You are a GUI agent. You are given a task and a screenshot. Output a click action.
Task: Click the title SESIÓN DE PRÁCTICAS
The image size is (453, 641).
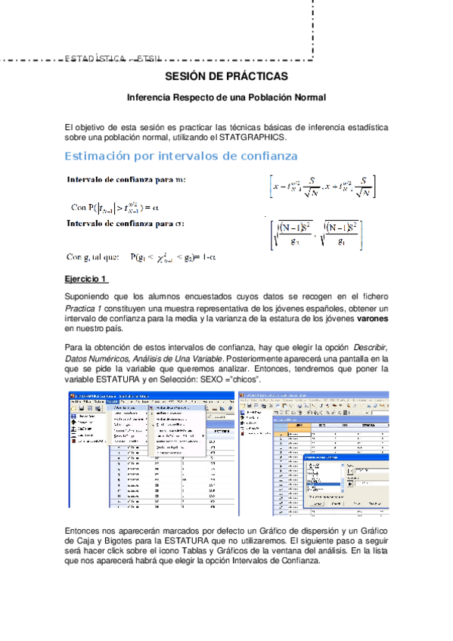point(226,77)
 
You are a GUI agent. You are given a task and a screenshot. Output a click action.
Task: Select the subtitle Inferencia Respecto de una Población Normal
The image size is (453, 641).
point(226,98)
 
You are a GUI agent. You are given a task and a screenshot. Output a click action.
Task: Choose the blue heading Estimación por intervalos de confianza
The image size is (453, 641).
point(182,156)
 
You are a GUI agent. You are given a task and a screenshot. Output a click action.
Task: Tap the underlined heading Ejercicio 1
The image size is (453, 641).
point(87,279)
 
